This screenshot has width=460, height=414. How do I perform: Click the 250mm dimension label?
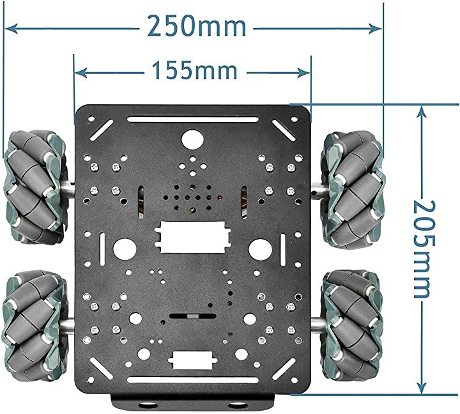[197, 26]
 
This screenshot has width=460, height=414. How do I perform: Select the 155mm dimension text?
[194, 70]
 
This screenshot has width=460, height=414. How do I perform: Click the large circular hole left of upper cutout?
[125, 248]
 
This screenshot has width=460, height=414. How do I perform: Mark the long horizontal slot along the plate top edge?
[192, 119]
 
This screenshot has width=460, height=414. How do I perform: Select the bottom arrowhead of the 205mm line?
[420, 387]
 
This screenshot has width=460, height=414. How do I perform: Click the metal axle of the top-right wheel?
[318, 190]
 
